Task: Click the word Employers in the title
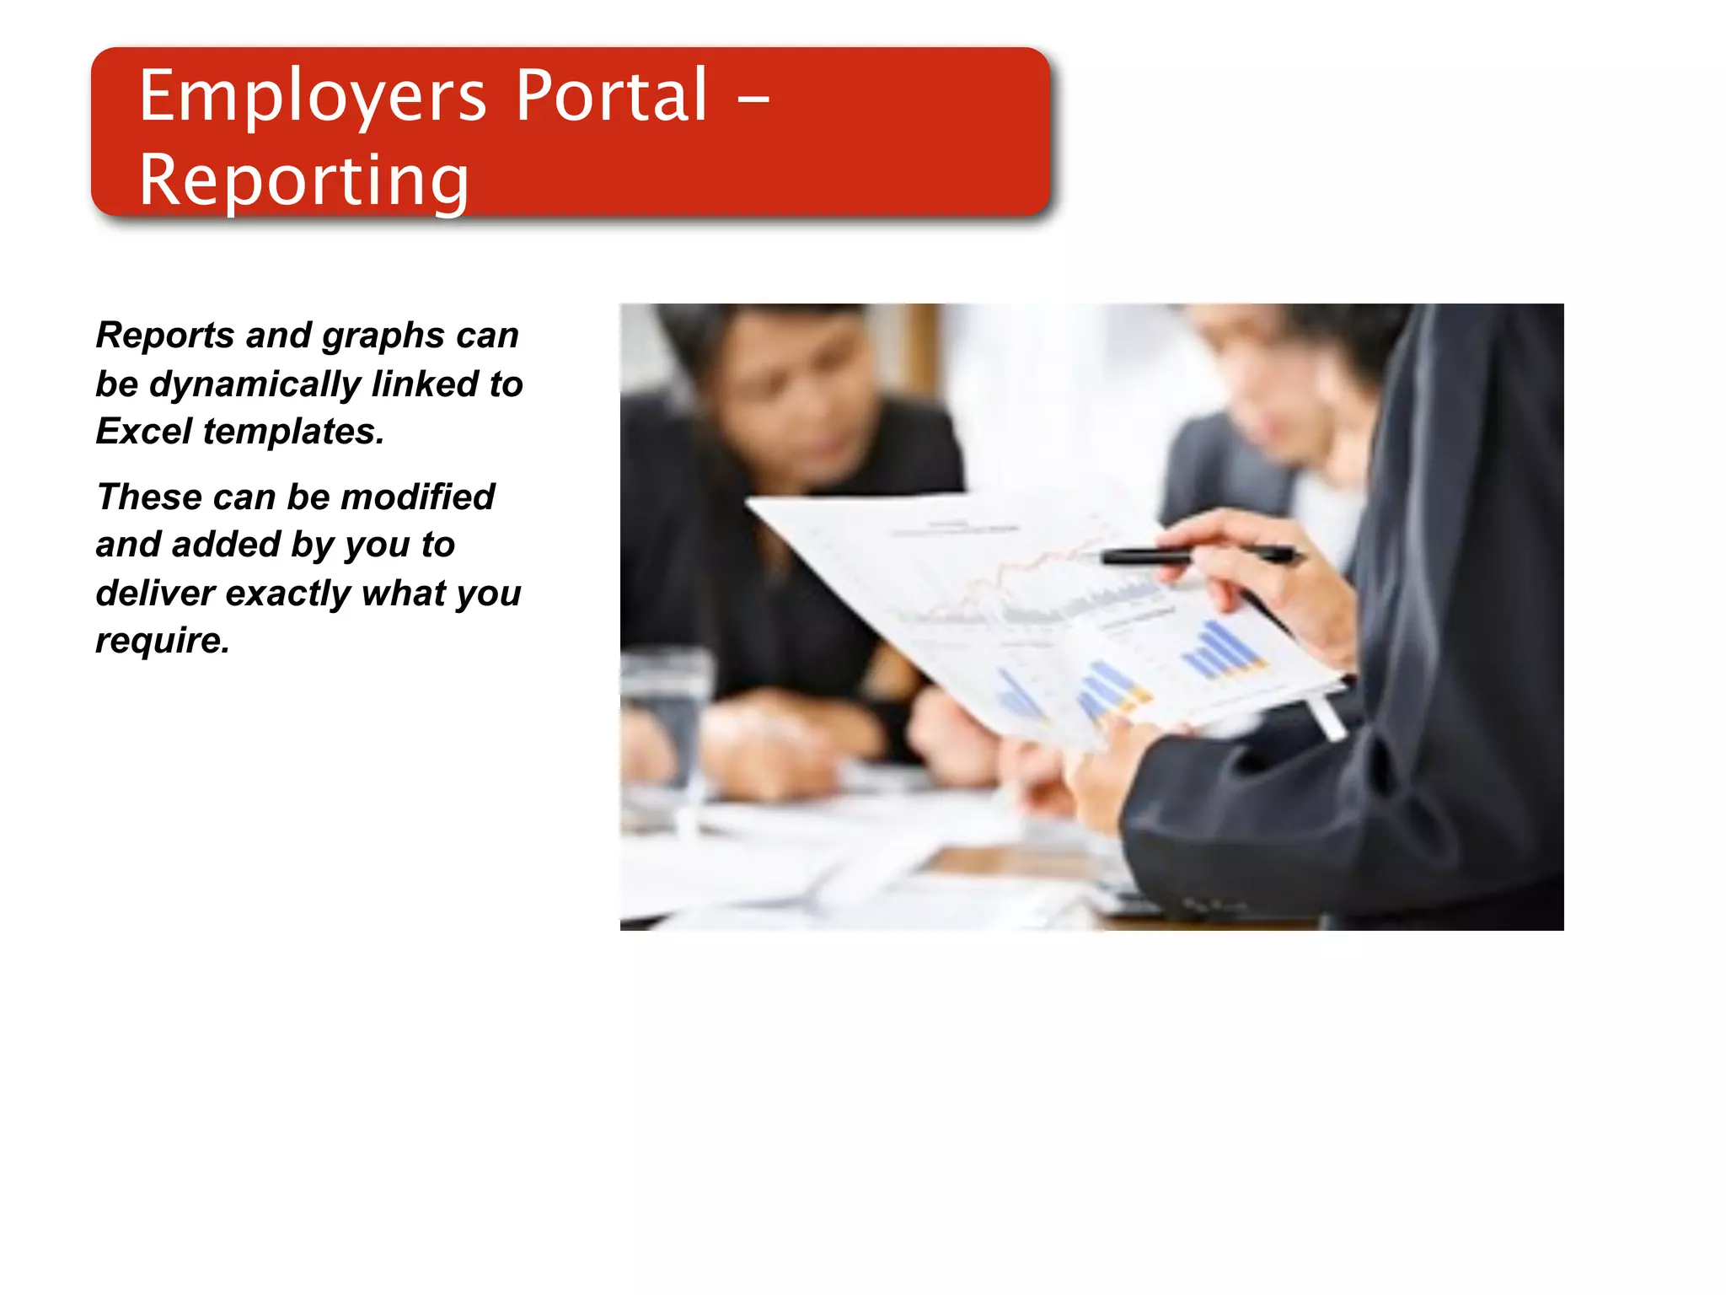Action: tap(312, 98)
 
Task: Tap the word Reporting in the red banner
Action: tap(303, 180)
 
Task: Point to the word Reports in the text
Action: tap(165, 336)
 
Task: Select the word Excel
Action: tap(144, 432)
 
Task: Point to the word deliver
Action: tap(155, 593)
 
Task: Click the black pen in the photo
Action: tap(1197, 556)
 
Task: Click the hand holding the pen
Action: tap(1264, 582)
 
